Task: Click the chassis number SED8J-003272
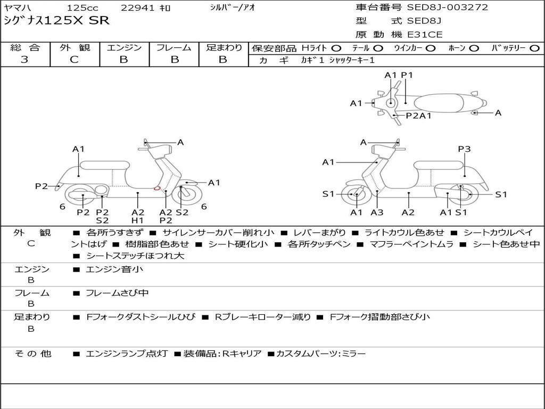click(447, 7)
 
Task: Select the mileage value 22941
click(137, 8)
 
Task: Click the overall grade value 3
click(24, 60)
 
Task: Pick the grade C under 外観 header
click(74, 60)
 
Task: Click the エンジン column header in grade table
click(124, 47)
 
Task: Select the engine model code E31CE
click(424, 35)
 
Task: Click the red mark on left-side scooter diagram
click(157, 188)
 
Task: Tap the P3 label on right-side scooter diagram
click(464, 149)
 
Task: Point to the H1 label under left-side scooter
click(137, 220)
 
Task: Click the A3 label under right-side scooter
click(377, 212)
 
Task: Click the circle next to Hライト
click(336, 48)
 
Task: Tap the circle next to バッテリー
click(534, 48)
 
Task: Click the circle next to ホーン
click(474, 48)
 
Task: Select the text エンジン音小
click(114, 269)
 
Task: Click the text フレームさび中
click(117, 293)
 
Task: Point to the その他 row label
click(32, 354)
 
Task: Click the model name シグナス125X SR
click(56, 21)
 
